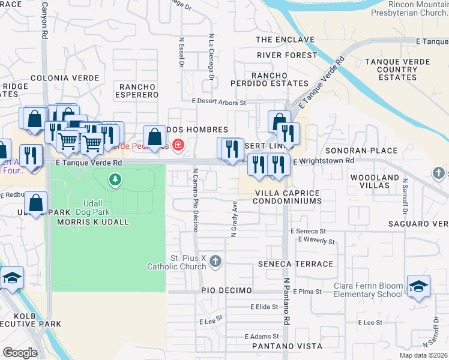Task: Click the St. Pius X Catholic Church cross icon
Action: [216, 262]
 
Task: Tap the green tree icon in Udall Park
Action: [115, 179]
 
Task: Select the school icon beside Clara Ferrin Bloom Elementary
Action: [418, 286]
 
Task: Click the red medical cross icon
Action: [178, 145]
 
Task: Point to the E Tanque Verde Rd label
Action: [88, 163]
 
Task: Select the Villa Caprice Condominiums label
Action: [288, 197]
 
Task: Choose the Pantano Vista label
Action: [286, 347]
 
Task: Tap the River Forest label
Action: [286, 55]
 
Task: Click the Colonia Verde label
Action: [64, 78]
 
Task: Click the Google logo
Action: [20, 353]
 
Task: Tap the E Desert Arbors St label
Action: [218, 103]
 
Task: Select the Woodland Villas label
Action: [375, 182]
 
